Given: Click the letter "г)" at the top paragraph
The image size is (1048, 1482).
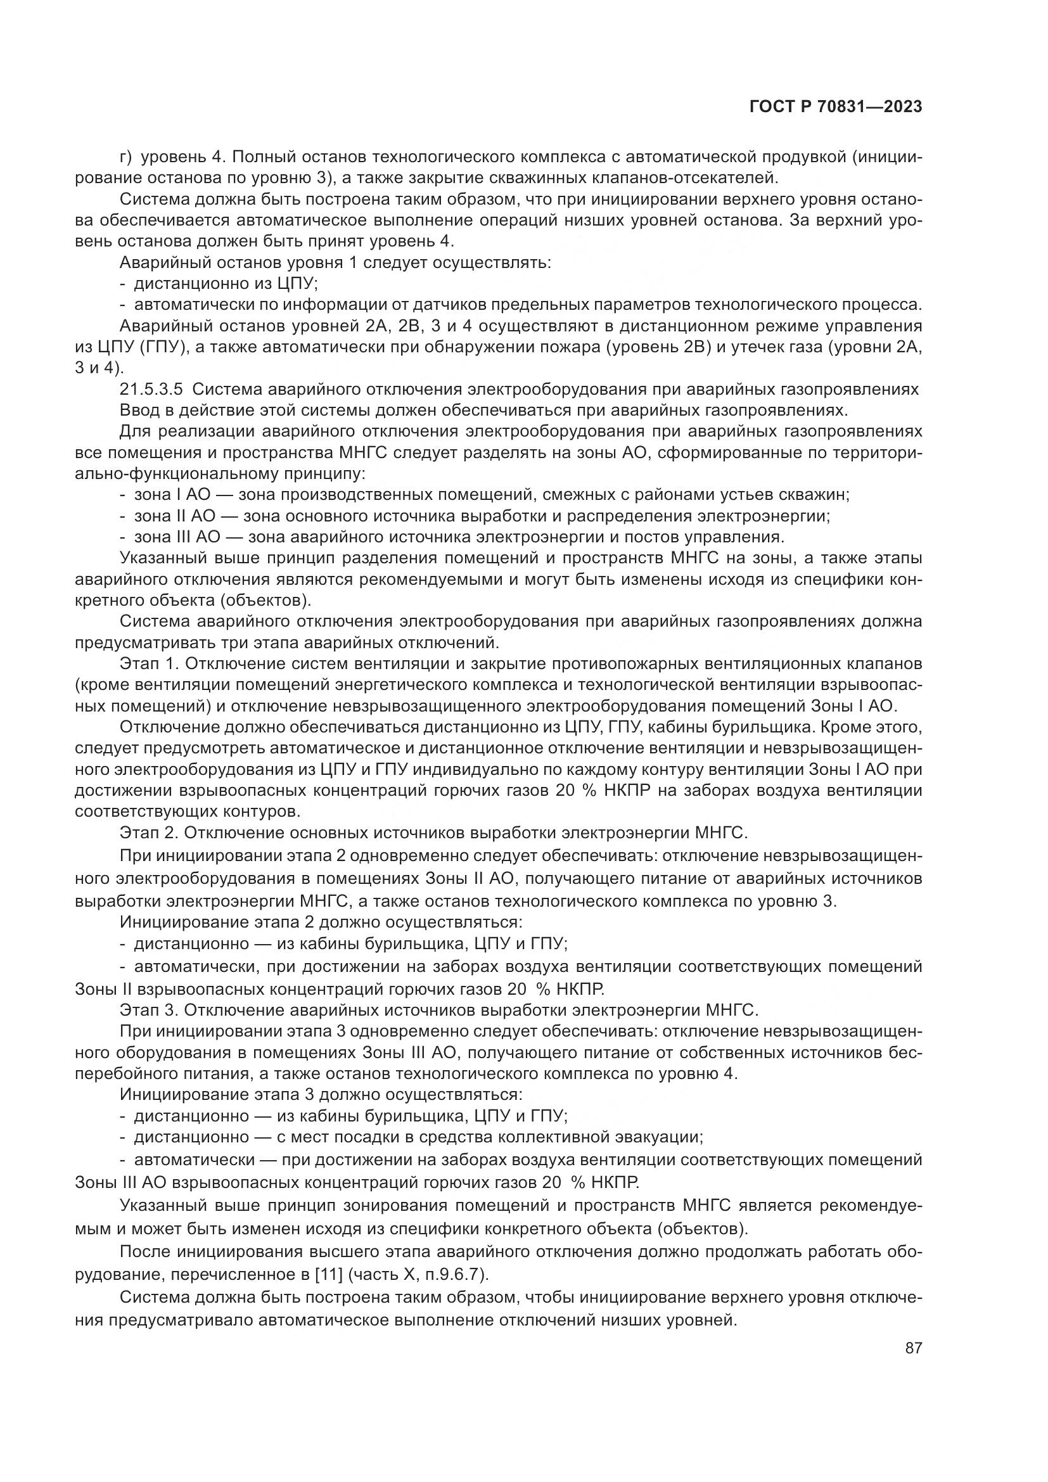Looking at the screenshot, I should pos(127,157).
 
